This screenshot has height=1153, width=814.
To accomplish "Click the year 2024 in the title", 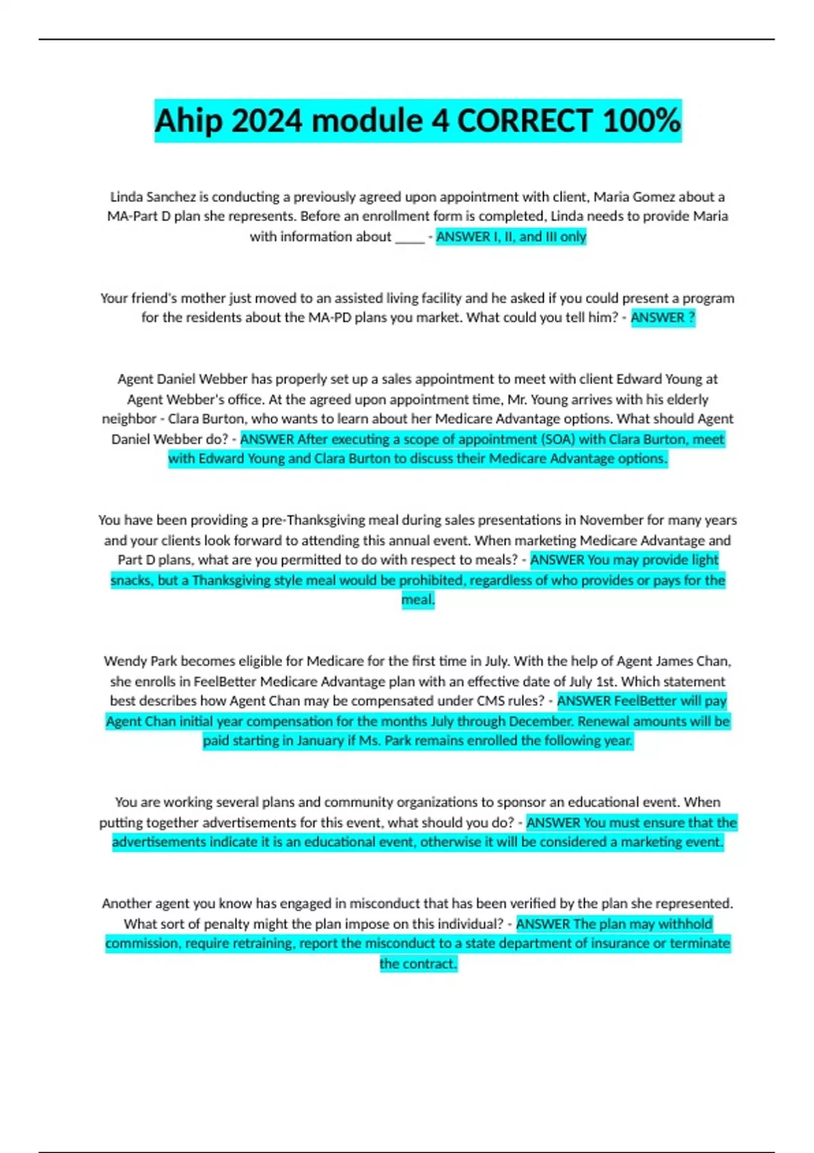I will click(267, 121).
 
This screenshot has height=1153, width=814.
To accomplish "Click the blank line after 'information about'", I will click(410, 237).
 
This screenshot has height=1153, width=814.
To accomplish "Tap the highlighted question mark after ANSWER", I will click(691, 317).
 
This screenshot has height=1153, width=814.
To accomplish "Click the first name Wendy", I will click(125, 661).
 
